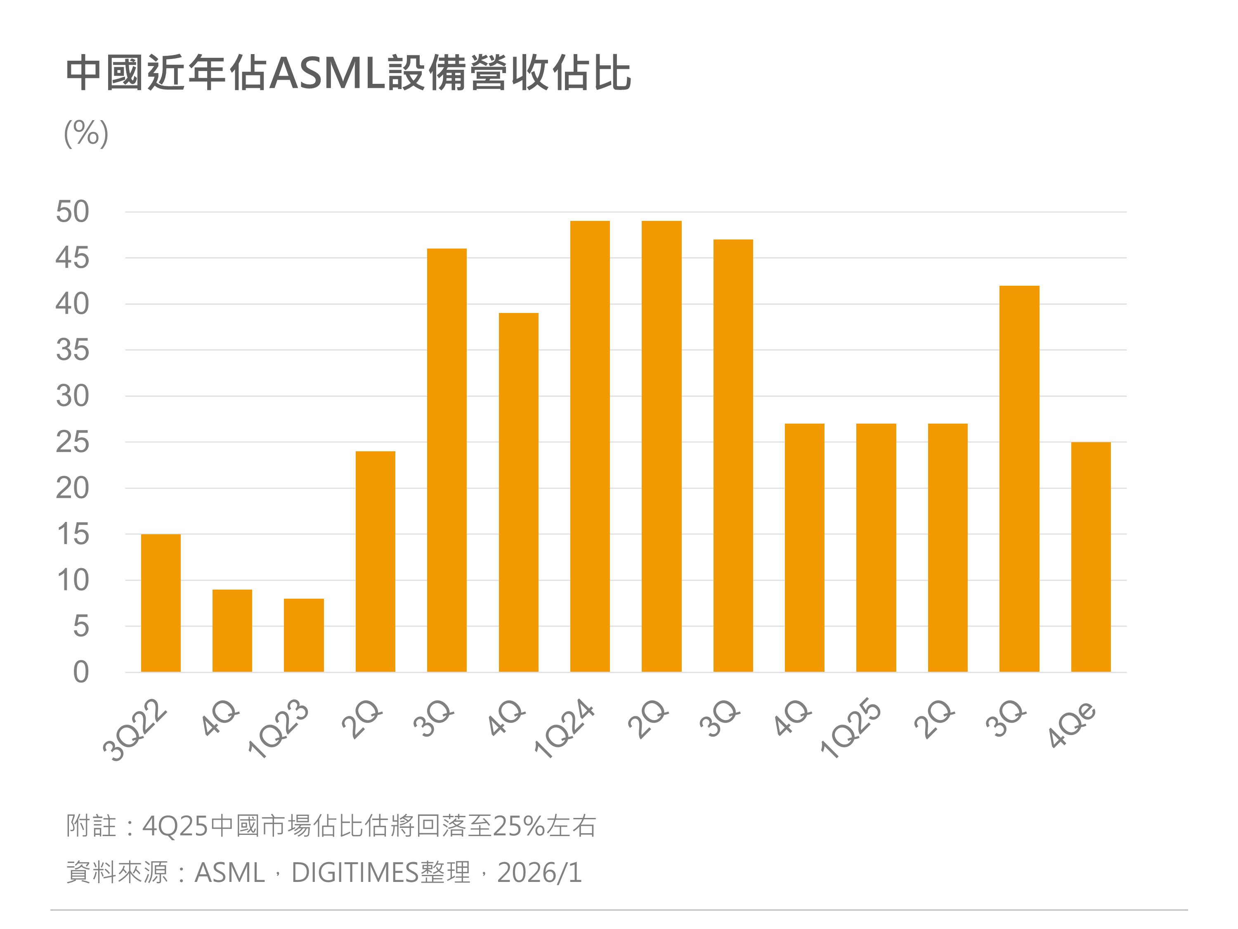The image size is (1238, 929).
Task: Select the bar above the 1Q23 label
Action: click(303, 635)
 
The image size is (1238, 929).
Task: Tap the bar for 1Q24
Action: click(590, 446)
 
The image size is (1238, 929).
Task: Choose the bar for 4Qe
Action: click(1091, 557)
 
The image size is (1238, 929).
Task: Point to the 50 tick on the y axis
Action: click(73, 212)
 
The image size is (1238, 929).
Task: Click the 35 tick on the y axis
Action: click(73, 351)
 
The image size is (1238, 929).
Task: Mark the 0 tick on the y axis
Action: click(81, 672)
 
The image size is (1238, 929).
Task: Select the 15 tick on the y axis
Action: click(73, 534)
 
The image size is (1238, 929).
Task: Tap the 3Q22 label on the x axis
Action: click(135, 730)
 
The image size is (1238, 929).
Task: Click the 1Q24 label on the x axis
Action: click(564, 729)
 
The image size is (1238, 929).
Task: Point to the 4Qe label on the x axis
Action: click(1073, 725)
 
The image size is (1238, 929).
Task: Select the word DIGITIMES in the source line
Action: click(355, 872)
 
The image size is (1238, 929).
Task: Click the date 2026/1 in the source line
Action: click(539, 872)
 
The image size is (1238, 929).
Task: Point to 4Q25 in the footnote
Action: click(175, 825)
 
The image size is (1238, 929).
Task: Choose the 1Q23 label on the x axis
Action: click(279, 729)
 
